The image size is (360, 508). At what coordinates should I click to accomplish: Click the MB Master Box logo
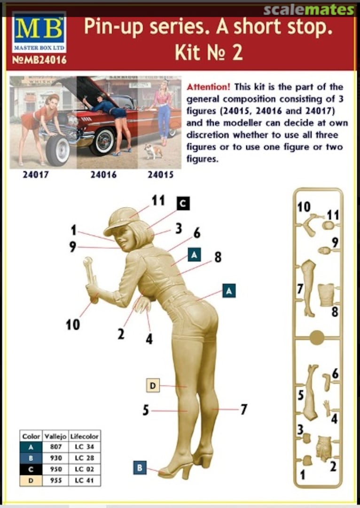(x=39, y=32)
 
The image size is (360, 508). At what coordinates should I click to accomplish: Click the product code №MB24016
(x=39, y=60)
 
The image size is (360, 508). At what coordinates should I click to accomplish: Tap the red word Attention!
(x=209, y=87)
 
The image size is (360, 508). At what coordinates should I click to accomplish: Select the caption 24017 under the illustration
(x=36, y=175)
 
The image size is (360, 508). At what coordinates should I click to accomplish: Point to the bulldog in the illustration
(x=153, y=151)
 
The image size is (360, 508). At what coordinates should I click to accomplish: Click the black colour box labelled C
(x=183, y=204)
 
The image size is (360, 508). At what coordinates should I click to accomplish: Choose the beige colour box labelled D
(x=153, y=385)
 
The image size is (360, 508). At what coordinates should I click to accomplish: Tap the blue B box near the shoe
(x=140, y=468)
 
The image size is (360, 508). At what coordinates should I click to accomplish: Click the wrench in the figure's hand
(x=90, y=278)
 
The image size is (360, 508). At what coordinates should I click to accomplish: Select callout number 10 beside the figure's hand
(x=72, y=324)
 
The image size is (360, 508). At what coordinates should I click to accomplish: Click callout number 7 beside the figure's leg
(x=243, y=410)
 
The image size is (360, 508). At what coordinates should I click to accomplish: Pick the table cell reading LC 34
(x=84, y=447)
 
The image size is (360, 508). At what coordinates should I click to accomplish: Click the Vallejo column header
(x=55, y=436)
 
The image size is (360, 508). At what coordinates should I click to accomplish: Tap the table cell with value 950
(x=55, y=469)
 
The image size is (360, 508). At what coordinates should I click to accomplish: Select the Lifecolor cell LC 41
(x=84, y=480)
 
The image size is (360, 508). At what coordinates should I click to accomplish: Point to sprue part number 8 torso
(x=326, y=294)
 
